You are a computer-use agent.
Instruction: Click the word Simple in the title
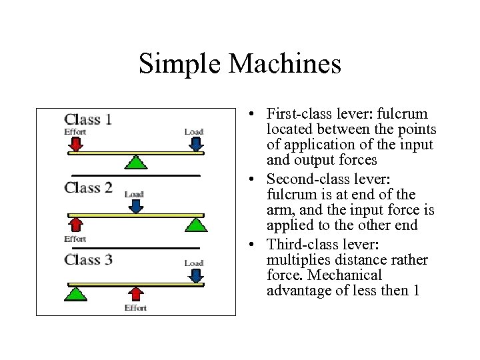(180, 64)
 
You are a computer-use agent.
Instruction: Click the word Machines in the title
(285, 64)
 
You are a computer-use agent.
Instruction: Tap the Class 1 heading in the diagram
(88, 120)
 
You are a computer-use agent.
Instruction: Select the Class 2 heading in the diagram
(88, 187)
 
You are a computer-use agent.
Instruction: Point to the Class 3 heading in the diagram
(88, 259)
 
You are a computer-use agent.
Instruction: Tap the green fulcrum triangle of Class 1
(136, 162)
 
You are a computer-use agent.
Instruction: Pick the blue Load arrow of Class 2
(135, 206)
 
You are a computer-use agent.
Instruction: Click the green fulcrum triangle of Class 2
(195, 223)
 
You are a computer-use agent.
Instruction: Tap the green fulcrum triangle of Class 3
(77, 292)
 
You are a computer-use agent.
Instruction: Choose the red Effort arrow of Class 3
(135, 293)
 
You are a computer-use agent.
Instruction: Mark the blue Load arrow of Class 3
(194, 275)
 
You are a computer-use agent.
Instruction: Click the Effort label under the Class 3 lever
(135, 308)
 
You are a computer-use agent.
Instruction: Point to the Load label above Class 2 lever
(135, 195)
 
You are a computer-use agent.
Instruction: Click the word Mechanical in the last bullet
(349, 275)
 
